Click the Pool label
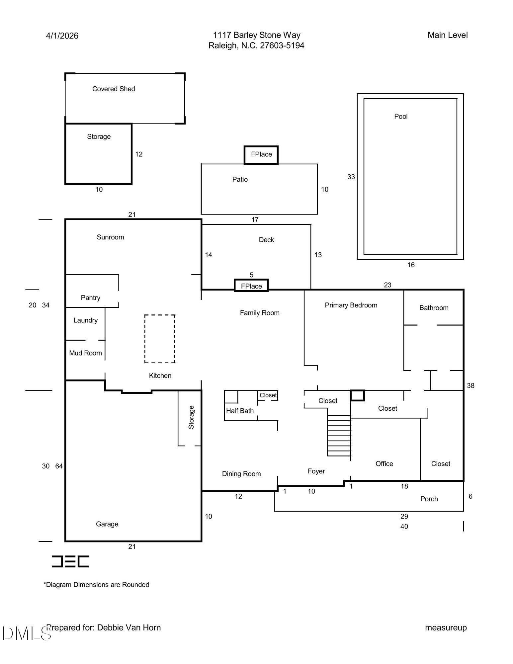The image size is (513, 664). (x=400, y=116)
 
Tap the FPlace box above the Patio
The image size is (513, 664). (x=261, y=154)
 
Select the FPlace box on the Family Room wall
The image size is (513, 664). (x=251, y=286)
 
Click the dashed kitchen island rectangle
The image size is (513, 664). (x=160, y=339)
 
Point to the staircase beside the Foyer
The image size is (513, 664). (x=339, y=435)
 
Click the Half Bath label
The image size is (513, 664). (x=240, y=411)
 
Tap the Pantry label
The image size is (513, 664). (x=90, y=297)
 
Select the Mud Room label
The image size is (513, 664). (x=85, y=353)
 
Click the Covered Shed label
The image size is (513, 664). (x=114, y=89)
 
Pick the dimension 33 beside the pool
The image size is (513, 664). (x=351, y=177)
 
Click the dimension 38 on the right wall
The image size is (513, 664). (x=470, y=385)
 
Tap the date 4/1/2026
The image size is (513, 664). (x=62, y=36)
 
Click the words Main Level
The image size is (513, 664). (x=447, y=35)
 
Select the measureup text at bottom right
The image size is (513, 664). (x=446, y=627)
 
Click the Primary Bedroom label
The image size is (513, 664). (x=351, y=305)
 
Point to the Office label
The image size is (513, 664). (x=384, y=463)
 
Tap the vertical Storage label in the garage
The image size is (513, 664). (x=191, y=417)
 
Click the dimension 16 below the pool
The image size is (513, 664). (x=411, y=265)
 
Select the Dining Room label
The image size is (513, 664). (x=241, y=474)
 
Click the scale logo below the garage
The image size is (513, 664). (x=70, y=561)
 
